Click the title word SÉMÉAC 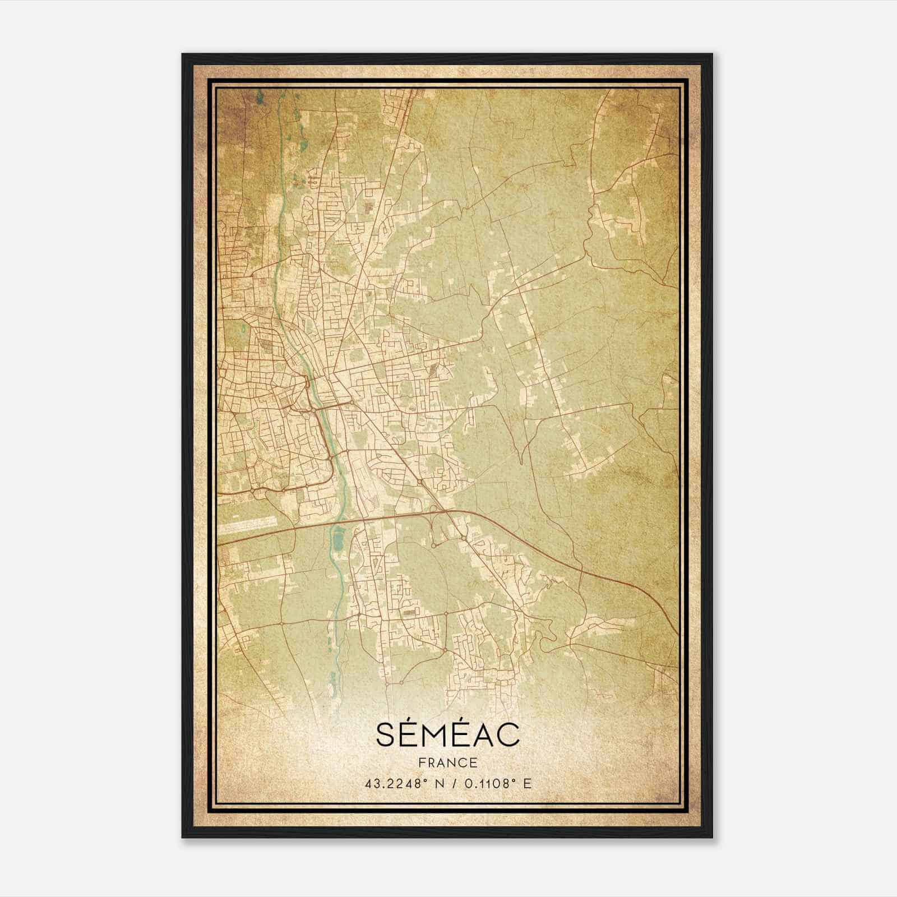coord(447,735)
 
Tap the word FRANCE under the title coord(447,762)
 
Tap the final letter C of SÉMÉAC coord(507,735)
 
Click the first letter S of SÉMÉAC coord(387,735)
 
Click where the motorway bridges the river coord(336,522)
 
